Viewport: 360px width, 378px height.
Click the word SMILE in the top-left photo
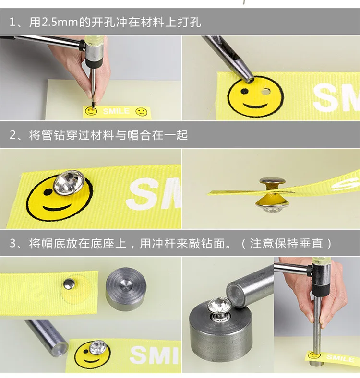click(x=116, y=111)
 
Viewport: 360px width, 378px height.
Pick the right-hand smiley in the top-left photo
click(x=141, y=112)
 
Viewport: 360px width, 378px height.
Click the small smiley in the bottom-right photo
click(x=313, y=355)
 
